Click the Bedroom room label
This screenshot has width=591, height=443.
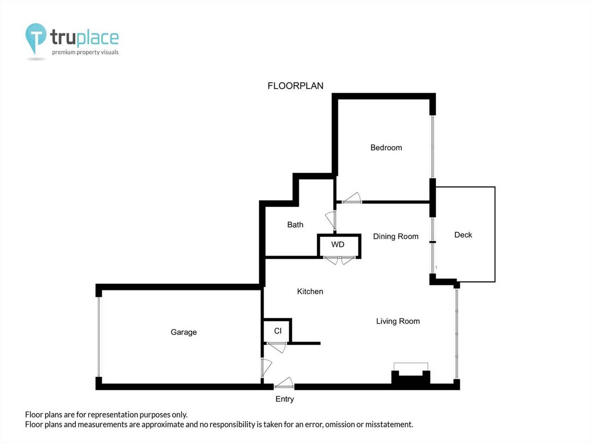pos(386,148)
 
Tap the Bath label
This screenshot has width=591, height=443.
pos(295,225)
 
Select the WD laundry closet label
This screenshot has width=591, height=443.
pos(338,245)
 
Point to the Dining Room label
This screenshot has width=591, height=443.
pos(396,236)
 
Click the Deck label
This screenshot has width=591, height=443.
pos(463,235)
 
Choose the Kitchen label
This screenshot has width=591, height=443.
pos(310,292)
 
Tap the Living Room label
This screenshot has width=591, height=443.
pos(398,321)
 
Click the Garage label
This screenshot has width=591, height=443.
pos(183,332)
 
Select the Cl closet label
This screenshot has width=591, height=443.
pos(277,331)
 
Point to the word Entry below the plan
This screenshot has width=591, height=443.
pos(284,399)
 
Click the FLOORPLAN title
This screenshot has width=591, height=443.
pos(295,86)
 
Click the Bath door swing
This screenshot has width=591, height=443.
pos(331,220)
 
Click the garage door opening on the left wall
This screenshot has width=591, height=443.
pos(98,337)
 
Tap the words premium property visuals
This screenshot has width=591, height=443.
pos(85,52)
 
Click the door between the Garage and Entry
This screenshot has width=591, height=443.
pos(265,368)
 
